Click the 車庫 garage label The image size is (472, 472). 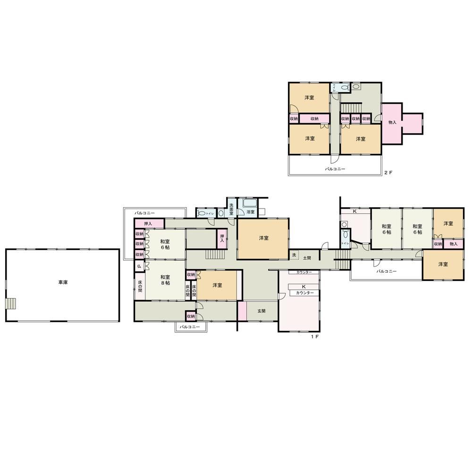pyautogui.click(x=62, y=283)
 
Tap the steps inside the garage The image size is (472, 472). pyautogui.click(x=11, y=303)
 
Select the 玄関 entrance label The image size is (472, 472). pyautogui.click(x=261, y=311)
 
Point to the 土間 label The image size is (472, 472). pyautogui.click(x=307, y=258)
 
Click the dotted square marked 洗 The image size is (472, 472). pyautogui.click(x=294, y=254)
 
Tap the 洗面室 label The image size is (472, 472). pyautogui.click(x=231, y=210)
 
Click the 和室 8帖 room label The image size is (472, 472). pyautogui.click(x=165, y=280)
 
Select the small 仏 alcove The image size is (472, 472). pyautogui.click(x=139, y=266)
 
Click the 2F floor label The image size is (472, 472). pyautogui.click(x=388, y=173)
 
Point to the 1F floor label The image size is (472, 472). pyautogui.click(x=315, y=336)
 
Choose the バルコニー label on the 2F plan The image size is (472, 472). pyautogui.click(x=335, y=169)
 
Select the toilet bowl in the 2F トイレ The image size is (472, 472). pyautogui.click(x=345, y=87)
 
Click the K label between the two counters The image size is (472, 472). pyautogui.click(x=303, y=287)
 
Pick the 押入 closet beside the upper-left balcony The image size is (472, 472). pyautogui.click(x=148, y=223)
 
